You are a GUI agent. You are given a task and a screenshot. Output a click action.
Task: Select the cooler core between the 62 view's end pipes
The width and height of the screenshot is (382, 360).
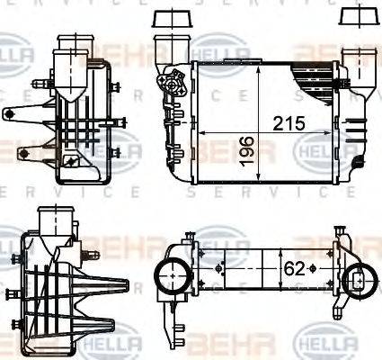click(261, 268)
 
